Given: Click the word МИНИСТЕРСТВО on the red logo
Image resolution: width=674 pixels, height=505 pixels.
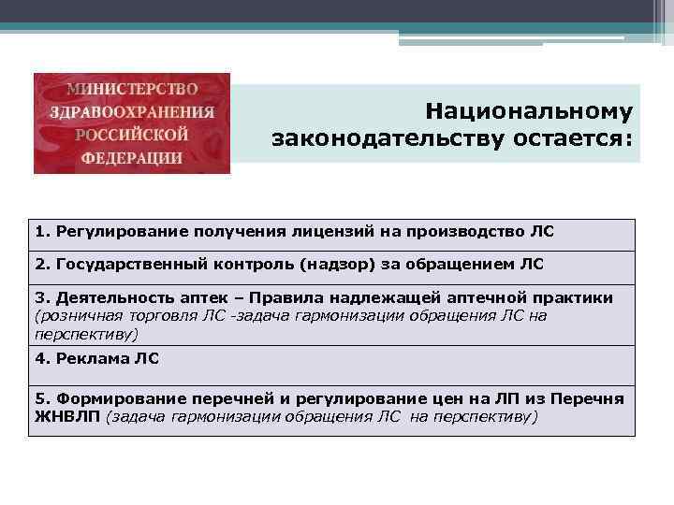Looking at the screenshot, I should click(131, 90).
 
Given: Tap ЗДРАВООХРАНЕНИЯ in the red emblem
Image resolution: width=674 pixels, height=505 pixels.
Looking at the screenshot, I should click(131, 111).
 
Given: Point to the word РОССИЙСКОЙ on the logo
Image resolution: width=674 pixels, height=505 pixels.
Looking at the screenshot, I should click(132, 134).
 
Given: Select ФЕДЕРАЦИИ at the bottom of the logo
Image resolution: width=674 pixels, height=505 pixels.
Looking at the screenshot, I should click(131, 157).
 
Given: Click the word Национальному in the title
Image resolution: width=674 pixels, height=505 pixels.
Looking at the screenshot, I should click(529, 111).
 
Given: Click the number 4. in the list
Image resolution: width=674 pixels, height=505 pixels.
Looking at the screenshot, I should click(42, 357).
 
